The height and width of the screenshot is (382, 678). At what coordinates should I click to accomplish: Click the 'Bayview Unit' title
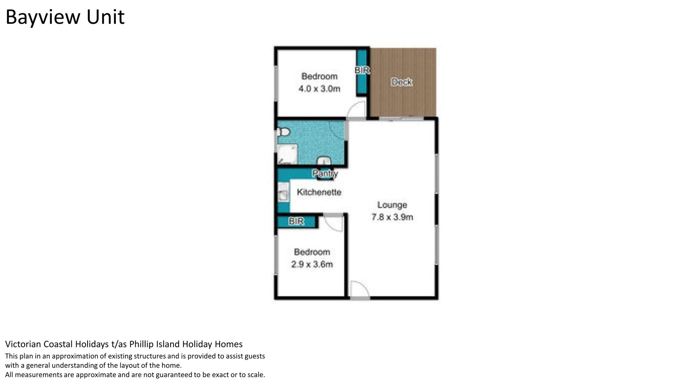[65, 17]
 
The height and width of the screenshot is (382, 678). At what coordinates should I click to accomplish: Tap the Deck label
[402, 82]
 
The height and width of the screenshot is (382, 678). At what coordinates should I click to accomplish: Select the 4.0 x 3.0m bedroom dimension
[319, 88]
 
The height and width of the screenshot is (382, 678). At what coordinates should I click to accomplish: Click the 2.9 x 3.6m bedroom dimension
[312, 264]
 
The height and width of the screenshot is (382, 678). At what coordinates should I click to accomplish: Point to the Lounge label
[392, 205]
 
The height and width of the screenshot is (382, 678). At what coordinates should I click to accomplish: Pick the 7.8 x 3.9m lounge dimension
[392, 217]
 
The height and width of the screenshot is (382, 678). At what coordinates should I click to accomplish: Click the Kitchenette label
[319, 192]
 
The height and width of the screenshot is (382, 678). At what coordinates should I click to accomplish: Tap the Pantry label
[325, 173]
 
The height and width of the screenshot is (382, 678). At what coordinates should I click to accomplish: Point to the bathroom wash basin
[324, 161]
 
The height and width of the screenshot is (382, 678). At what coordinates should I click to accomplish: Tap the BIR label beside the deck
[362, 70]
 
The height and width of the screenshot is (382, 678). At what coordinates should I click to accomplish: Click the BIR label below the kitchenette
[296, 221]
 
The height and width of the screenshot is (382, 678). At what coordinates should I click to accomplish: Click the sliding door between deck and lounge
[402, 118]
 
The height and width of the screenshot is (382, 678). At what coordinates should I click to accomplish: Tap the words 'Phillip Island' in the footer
[154, 344]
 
